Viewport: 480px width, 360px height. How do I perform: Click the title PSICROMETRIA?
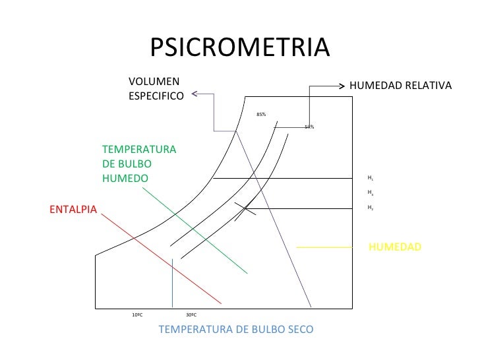(x=239, y=47)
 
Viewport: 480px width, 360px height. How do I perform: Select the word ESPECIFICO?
(x=156, y=96)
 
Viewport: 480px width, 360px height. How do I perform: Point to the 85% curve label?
(x=261, y=115)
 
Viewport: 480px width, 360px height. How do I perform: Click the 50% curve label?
(x=309, y=127)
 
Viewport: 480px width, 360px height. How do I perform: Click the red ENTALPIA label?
(x=73, y=210)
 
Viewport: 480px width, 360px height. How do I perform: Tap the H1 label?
(x=371, y=178)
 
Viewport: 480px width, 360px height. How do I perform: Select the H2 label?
(x=371, y=208)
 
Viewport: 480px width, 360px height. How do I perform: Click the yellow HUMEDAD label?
(x=394, y=247)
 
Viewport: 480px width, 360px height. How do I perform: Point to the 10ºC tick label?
(x=138, y=315)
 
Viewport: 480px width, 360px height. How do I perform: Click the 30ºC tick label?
(x=191, y=315)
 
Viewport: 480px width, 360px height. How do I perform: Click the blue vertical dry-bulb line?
(x=172, y=284)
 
